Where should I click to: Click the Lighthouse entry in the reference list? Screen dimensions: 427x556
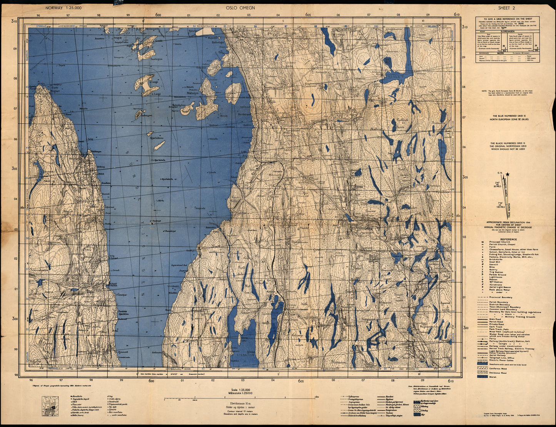496,277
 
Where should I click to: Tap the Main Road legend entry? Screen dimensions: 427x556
496,319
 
